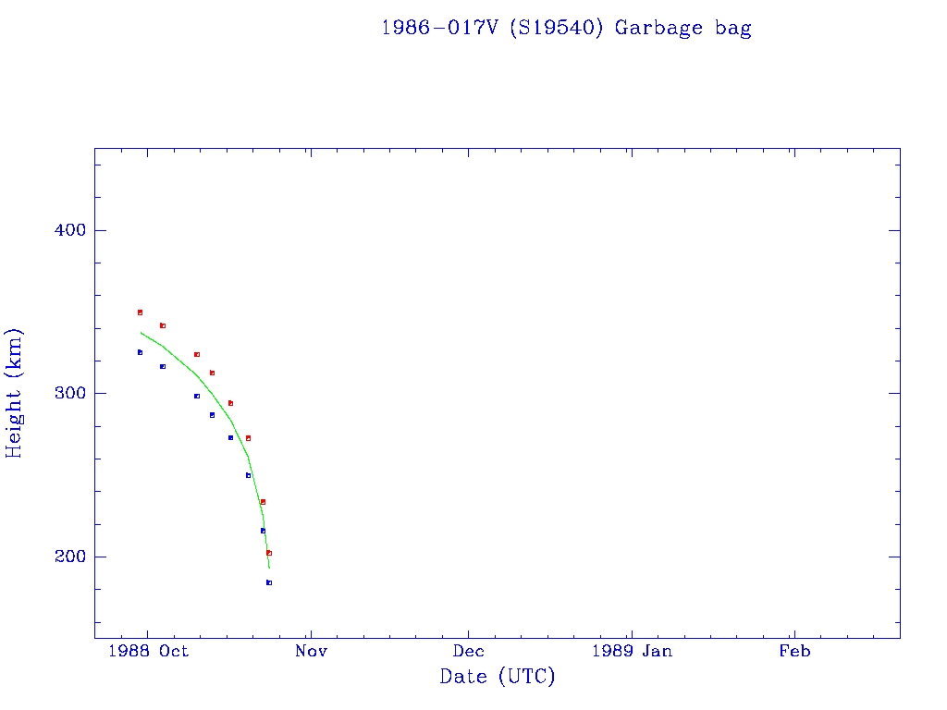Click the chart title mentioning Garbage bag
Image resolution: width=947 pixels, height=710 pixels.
click(566, 28)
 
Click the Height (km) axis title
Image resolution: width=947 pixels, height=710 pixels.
click(15, 393)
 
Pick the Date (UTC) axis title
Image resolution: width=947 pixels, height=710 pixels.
click(498, 677)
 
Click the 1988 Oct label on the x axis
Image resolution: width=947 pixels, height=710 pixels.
click(148, 651)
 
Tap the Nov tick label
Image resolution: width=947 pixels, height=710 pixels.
click(312, 651)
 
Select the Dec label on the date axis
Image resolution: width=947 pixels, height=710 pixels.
click(468, 651)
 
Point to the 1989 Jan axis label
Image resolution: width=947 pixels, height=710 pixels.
click(632, 651)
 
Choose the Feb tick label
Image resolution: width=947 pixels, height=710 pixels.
click(794, 651)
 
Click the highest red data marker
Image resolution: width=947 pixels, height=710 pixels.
click(140, 312)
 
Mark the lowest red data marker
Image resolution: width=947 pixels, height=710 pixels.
click(269, 553)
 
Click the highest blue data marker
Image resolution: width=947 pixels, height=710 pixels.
click(140, 352)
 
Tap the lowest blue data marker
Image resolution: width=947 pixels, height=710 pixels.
click(269, 582)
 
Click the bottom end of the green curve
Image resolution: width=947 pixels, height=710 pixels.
click(269, 567)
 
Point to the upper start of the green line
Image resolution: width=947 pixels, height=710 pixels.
click(141, 332)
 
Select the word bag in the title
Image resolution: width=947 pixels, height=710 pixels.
click(733, 29)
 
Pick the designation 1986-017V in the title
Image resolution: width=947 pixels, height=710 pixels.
click(440, 28)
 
